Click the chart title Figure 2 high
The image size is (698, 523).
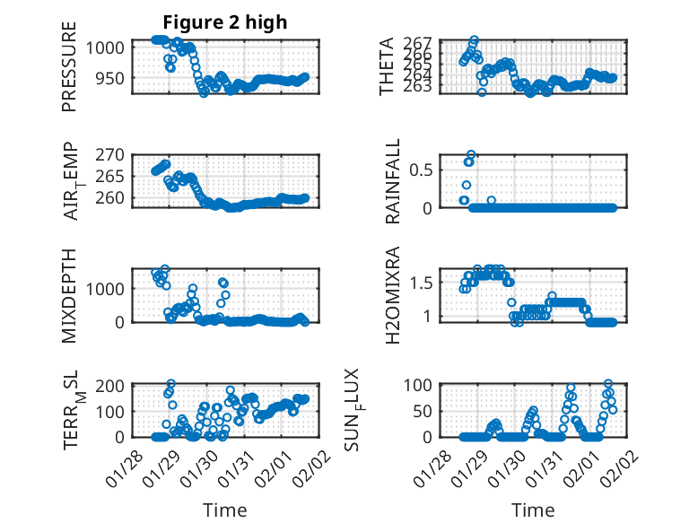pyautogui.click(x=224, y=22)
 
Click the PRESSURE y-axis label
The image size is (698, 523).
pyautogui.click(x=70, y=66)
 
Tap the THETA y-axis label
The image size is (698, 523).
pyautogui.click(x=387, y=66)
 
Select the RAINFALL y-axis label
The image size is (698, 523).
pyautogui.click(x=393, y=181)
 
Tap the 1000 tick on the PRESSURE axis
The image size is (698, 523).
pyautogui.click(x=109, y=48)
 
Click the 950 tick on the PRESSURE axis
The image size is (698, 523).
pyautogui.click(x=114, y=78)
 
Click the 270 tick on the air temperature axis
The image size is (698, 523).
pyautogui.click(x=114, y=153)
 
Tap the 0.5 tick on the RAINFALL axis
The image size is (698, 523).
pyautogui.click(x=423, y=169)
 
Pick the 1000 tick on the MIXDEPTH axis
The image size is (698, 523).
pyautogui.click(x=109, y=289)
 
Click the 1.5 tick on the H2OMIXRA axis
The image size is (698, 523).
pyautogui.click(x=423, y=283)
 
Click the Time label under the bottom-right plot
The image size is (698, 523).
pyautogui.click(x=533, y=510)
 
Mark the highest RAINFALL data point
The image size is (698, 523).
pyautogui.click(x=471, y=154)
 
